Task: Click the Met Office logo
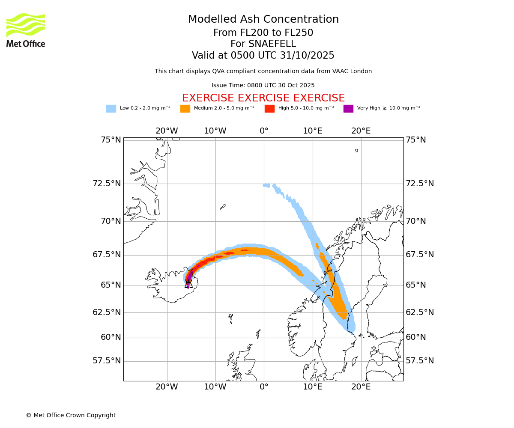[x=26, y=30]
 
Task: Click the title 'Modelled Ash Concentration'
[x=263, y=19]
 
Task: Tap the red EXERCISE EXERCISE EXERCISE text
[x=263, y=98]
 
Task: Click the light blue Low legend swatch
[x=111, y=109]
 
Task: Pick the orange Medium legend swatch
[x=185, y=109]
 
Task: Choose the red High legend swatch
[x=269, y=109]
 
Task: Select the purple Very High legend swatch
[x=348, y=109]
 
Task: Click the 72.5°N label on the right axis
[x=420, y=184]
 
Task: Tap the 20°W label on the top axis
[x=167, y=131]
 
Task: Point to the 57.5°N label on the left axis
[x=107, y=361]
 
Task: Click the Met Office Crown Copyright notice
[x=71, y=415]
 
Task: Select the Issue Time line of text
[x=263, y=86]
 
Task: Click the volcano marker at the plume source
[x=188, y=284]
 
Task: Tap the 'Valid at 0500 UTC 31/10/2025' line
[x=263, y=55]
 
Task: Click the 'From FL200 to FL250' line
[x=263, y=33]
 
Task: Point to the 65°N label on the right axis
[x=416, y=285]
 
